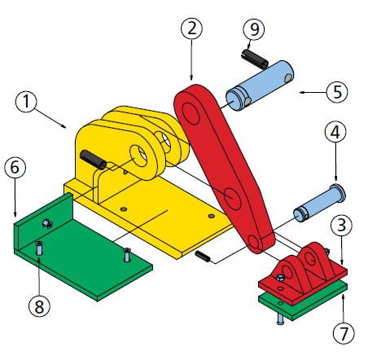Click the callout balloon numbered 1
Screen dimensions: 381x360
coord(26,101)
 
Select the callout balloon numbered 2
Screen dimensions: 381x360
coord(191,29)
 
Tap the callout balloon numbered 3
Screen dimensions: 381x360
coord(341,225)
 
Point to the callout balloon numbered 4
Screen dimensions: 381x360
coord(335,132)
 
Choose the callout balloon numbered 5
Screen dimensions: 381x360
coord(337,92)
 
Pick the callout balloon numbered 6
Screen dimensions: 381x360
coord(15,167)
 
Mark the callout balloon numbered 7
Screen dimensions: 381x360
coord(344,333)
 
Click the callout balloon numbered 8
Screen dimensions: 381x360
coord(39,306)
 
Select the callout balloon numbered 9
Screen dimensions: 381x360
coord(254,29)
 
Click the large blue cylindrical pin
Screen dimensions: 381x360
coord(260,86)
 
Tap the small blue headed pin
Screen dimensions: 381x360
coord(320,203)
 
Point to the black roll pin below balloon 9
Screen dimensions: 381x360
coord(255,58)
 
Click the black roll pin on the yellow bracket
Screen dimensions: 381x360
coord(94,160)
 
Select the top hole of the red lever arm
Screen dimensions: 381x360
coord(190,113)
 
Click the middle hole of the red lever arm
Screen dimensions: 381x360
coord(233,199)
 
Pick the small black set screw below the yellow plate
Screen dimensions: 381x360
coord(203,257)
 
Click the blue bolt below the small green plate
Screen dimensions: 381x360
coord(280,318)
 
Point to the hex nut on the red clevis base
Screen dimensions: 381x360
coord(280,278)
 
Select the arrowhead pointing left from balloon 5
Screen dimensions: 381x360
coord(303,93)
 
